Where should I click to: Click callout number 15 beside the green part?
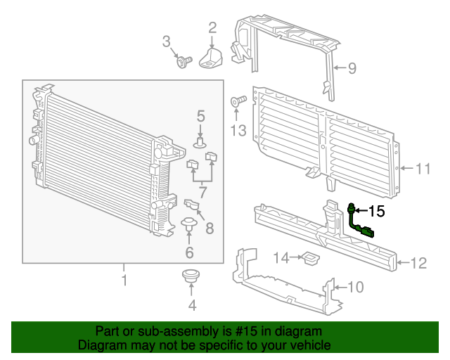tap(377, 210)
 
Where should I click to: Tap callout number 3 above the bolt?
tap(167, 41)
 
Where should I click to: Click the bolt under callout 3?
tap(184, 63)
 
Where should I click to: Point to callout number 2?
tap(212, 28)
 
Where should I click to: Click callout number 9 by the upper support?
tap(352, 68)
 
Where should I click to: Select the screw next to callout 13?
tap(238, 103)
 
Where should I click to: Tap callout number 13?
tap(238, 130)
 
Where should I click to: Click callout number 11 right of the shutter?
tap(422, 169)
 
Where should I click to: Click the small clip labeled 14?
tap(309, 259)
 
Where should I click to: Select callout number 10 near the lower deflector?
tap(356, 286)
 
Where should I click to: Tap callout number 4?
tap(192, 305)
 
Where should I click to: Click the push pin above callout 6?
tap(188, 226)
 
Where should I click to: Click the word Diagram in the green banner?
tap(104, 345)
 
